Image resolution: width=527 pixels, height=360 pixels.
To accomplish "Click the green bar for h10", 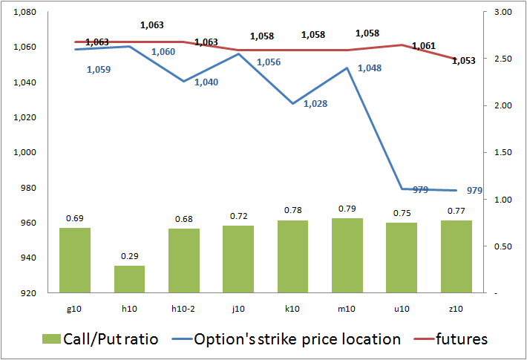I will (129, 279).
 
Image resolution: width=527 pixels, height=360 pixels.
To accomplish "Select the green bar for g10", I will (75, 260).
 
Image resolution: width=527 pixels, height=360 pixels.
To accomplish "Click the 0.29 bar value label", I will (129, 256).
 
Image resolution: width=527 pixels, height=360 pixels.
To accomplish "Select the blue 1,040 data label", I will (206, 82).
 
